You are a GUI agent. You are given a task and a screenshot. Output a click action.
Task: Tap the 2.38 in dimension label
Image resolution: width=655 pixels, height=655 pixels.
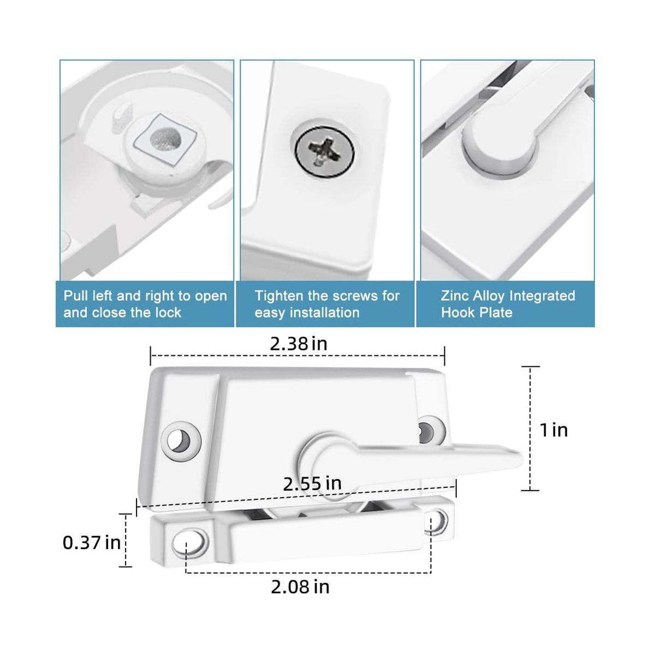point(299,344)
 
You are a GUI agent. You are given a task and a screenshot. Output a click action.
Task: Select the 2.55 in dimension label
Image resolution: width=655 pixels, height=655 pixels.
point(312,483)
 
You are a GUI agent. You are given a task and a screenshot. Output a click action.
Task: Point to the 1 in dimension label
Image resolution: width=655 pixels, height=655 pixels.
point(553,430)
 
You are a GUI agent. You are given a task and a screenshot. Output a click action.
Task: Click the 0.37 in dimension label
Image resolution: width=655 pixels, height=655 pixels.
point(92,542)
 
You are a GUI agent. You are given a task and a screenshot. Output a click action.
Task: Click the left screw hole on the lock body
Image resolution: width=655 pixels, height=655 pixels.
point(181,441)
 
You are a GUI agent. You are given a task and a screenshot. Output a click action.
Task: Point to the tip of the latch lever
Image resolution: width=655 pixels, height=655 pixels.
point(521,459)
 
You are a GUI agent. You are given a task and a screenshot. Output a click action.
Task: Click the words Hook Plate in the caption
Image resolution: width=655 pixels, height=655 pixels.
point(477,312)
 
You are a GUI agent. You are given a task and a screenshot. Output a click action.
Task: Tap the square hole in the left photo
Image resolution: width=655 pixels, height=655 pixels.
point(165,139)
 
